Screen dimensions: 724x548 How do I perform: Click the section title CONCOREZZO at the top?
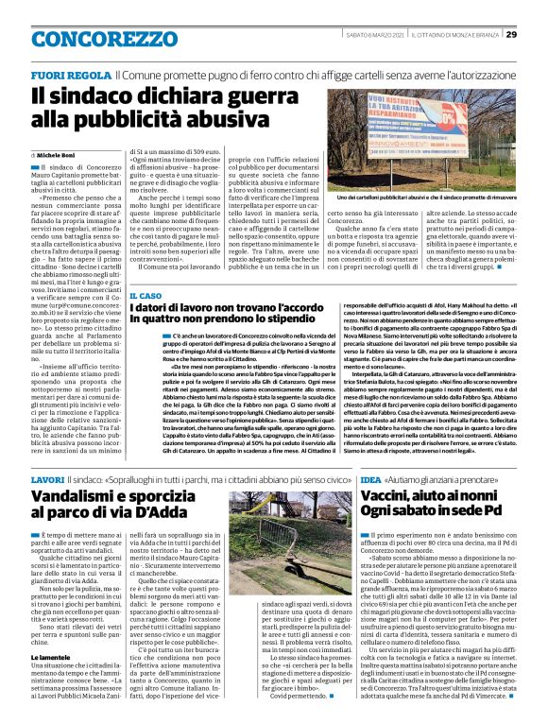coord(91,36)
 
